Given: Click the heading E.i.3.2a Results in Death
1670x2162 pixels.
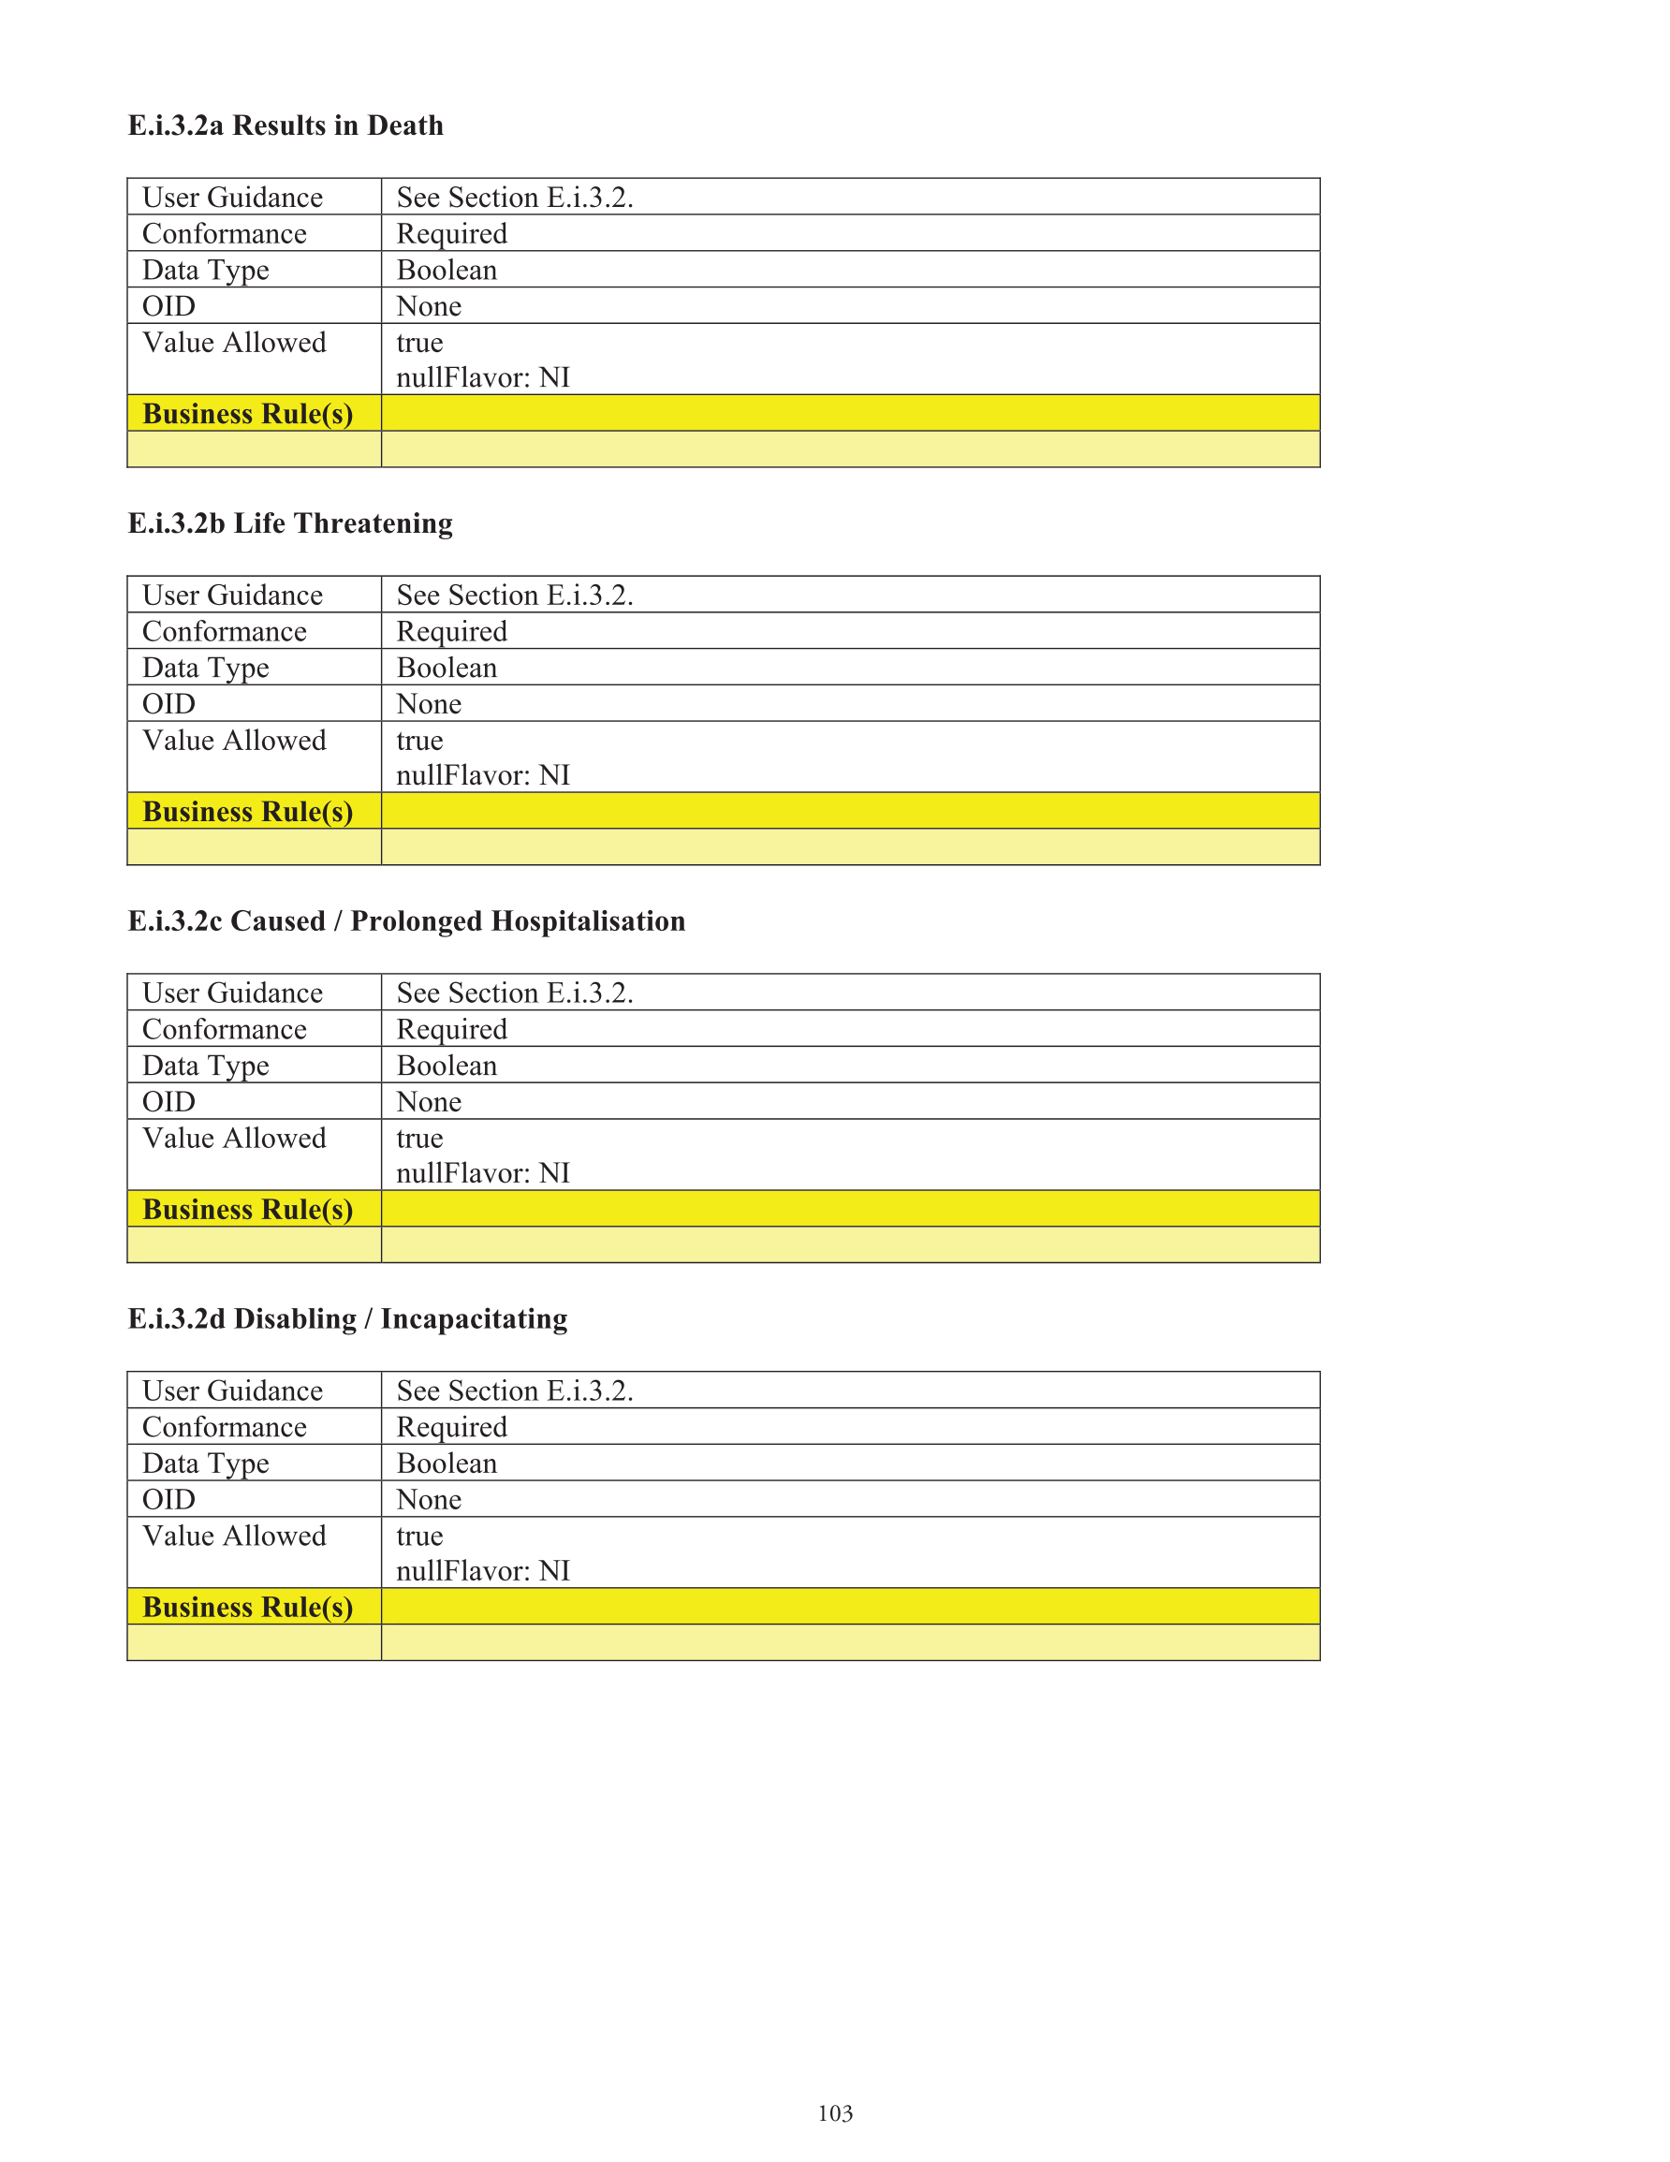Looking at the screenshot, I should (x=286, y=125).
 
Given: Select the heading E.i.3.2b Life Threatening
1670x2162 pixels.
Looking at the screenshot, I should (x=290, y=522).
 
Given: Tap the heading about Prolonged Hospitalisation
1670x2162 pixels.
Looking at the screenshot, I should (x=406, y=920).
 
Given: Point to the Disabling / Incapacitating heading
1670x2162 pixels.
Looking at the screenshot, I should (x=347, y=1318).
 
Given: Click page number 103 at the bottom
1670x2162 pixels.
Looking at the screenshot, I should (x=834, y=2113).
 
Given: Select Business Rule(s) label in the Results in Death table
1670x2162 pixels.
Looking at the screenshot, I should (x=247, y=414).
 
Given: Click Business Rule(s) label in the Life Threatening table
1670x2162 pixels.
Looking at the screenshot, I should (x=247, y=812).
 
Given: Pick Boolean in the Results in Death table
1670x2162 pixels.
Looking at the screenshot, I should (x=447, y=271).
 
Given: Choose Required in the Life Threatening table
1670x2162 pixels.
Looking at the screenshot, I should (x=451, y=632).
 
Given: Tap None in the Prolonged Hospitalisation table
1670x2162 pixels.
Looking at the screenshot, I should (x=429, y=1102).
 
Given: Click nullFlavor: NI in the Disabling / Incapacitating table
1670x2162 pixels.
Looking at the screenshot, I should (x=483, y=1571).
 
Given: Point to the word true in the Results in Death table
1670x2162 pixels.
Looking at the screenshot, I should (x=419, y=343).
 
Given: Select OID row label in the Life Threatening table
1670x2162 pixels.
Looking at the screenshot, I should (x=169, y=704).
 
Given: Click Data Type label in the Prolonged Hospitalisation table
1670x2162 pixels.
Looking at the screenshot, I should (x=206, y=1066).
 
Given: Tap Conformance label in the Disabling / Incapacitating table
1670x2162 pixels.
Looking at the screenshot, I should (x=225, y=1428).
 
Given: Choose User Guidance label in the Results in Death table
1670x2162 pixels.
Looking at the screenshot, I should (x=233, y=198).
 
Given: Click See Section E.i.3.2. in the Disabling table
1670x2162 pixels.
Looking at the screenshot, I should (x=515, y=1390).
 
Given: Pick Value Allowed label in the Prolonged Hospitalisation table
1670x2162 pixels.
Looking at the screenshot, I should (x=235, y=1139).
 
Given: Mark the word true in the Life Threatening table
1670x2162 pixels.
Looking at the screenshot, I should (x=419, y=741).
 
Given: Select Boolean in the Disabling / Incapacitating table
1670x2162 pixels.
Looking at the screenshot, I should (x=447, y=1464).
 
